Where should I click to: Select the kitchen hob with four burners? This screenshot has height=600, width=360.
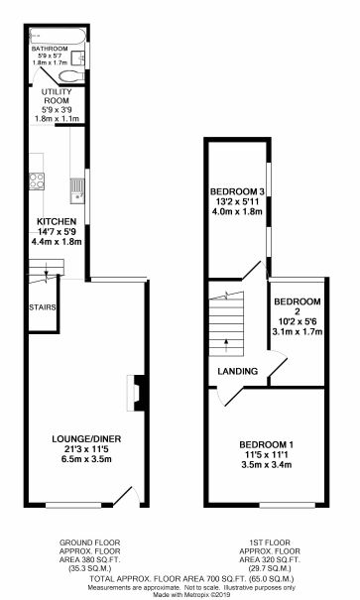(40, 181)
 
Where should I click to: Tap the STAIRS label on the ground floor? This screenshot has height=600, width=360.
(42, 306)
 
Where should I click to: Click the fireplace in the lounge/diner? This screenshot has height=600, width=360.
(139, 391)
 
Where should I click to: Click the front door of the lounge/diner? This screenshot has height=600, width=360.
(124, 495)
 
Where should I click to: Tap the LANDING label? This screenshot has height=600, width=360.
(238, 372)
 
